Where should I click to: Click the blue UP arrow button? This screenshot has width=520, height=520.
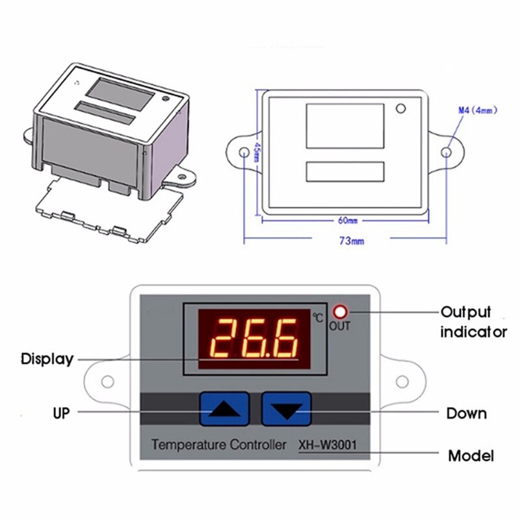point(224,408)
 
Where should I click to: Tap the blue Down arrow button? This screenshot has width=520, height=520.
point(287,409)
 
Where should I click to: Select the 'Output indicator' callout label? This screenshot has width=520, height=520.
point(474,322)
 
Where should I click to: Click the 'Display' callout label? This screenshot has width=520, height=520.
point(47,359)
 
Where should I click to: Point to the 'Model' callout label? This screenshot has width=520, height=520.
point(471,455)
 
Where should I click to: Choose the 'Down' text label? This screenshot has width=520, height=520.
point(466,413)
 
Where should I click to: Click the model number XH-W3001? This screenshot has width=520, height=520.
point(328,446)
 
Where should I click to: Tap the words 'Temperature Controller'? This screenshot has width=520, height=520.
point(218,446)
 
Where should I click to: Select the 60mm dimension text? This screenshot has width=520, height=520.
point(347,221)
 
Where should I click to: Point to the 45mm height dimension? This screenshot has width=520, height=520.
point(257,153)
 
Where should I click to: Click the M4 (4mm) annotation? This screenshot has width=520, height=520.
point(478,110)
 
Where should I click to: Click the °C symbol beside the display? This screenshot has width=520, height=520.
point(317,318)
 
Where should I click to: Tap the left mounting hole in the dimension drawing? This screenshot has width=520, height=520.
point(244,153)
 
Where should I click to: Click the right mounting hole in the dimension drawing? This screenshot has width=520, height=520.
point(447,152)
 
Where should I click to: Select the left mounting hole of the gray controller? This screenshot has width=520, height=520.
point(108,382)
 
